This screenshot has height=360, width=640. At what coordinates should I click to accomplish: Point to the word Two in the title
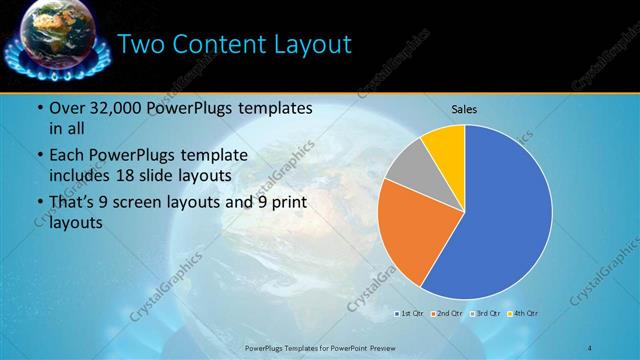coord(143,45)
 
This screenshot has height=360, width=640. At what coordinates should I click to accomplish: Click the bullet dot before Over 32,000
coord(38,108)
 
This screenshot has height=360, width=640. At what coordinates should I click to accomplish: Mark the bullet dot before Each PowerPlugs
coord(38,156)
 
